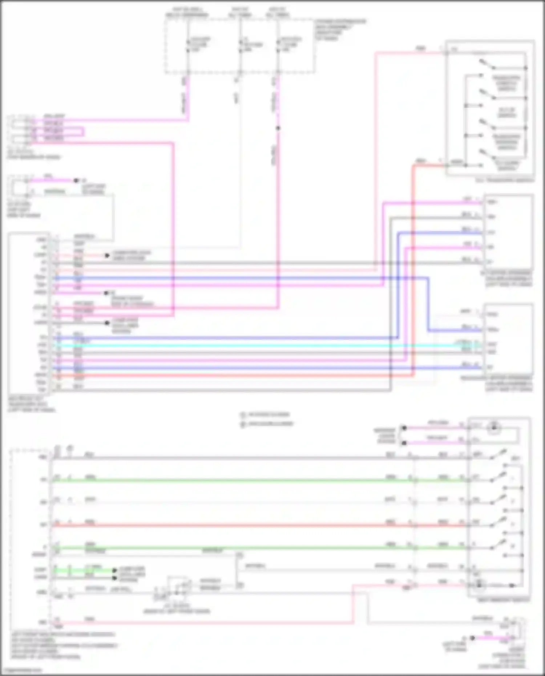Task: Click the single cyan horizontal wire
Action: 254,345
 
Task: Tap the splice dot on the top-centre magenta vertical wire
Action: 278,128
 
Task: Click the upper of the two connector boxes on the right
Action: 509,232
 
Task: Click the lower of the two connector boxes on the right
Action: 509,340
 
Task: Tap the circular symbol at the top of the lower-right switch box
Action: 493,428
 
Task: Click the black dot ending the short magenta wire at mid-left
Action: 76,181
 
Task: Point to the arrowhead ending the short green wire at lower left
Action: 114,571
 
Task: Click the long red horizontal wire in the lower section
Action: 254,525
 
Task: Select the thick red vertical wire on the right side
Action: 413,272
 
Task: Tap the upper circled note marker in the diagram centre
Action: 243,414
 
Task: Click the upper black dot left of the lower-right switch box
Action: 404,428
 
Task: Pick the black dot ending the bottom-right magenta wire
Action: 472,638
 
